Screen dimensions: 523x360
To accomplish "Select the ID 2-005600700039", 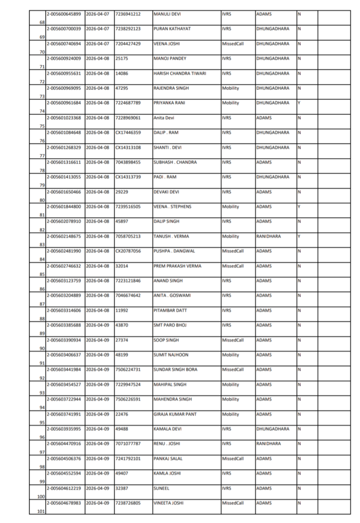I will pyautogui.click(x=64, y=29).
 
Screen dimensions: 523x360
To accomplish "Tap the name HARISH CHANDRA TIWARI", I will pyautogui.click(x=180, y=73).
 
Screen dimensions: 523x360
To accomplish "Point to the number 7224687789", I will pyautogui.click(x=128, y=103).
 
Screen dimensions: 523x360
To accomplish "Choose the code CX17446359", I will pyautogui.click(x=129, y=132).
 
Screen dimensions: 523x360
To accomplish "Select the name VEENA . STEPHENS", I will pyautogui.click(x=172, y=206).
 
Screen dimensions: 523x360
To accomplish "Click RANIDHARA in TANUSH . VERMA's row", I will pyautogui.click(x=269, y=236).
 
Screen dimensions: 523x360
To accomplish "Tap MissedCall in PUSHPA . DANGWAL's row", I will pyautogui.click(x=233, y=251).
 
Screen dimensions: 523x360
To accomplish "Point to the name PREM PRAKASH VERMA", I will pyautogui.click(x=177, y=266).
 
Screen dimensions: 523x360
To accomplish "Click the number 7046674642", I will pyautogui.click(x=128, y=295).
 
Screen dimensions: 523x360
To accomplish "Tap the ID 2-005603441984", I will pyautogui.click(x=64, y=369).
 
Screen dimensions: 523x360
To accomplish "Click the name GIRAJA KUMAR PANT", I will pyautogui.click(x=175, y=414).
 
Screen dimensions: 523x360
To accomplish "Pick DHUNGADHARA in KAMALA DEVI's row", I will pyautogui.click(x=273, y=429).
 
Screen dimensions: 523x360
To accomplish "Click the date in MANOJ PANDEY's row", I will pyautogui.click(x=98, y=58).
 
